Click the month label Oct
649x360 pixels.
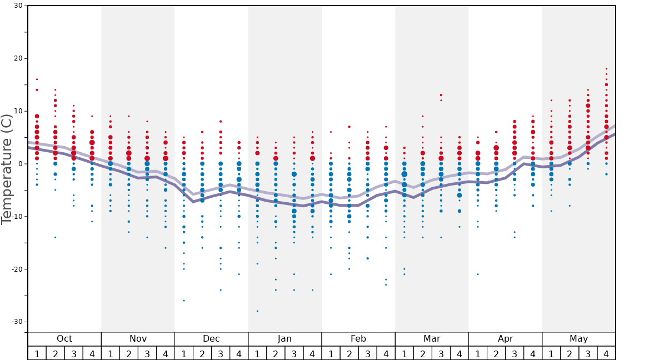tap(64, 339)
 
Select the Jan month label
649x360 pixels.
tap(284, 339)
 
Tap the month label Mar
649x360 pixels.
tap(432, 339)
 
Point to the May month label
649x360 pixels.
tap(578, 339)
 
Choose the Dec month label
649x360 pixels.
tap(211, 339)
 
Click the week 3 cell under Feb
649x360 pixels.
tap(367, 353)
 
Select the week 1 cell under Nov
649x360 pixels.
tap(111, 353)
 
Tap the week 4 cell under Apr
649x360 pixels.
tap(533, 353)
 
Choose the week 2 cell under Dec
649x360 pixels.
tap(202, 353)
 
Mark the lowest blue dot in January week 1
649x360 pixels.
tap(257, 311)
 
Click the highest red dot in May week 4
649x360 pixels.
tap(606, 69)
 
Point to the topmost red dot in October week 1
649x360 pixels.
tap(37, 79)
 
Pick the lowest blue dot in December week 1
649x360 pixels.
tap(184, 301)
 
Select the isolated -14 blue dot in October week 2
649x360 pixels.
tap(56, 237)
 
